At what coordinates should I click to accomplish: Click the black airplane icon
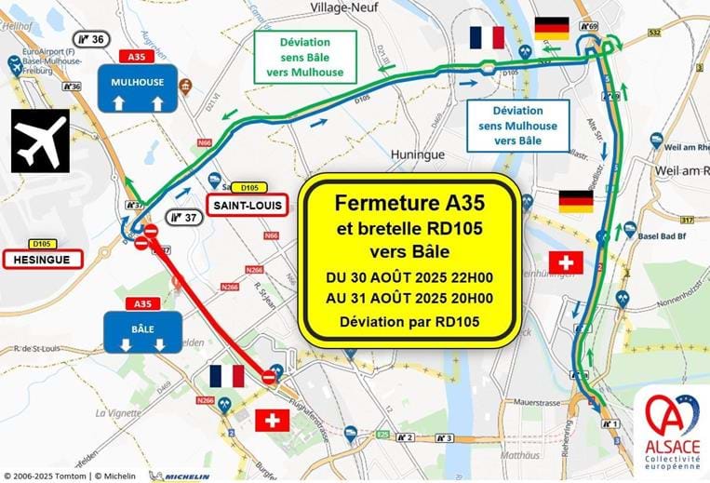pos(40,141)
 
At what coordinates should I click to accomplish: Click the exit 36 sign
pos(90,39)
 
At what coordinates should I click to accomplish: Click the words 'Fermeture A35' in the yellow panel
pos(409,202)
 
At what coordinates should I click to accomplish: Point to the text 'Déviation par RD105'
pos(409,322)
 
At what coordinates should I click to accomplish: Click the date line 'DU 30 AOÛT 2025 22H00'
pos(409,278)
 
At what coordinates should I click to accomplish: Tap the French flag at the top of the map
pos(487,37)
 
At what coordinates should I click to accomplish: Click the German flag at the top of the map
pos(552,29)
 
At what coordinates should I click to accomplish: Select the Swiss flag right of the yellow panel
pos(566,262)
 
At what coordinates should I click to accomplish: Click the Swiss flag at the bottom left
pos(272,421)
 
